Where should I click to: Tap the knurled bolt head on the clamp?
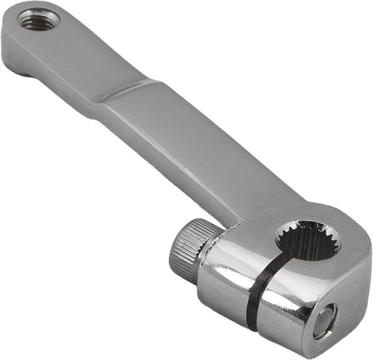[185, 249]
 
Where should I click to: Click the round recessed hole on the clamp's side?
[326, 320]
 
